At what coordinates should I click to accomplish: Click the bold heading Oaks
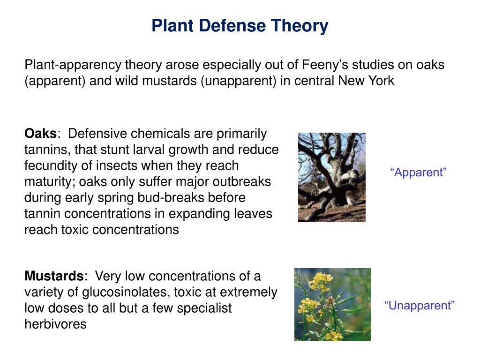click(40, 134)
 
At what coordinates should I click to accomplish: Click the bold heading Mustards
click(53, 276)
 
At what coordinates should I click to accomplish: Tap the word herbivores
click(55, 324)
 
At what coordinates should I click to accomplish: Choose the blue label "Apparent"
click(419, 172)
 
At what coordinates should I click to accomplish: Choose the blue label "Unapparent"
click(420, 306)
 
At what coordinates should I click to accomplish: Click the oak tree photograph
click(332, 177)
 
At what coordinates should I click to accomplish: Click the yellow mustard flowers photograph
click(332, 304)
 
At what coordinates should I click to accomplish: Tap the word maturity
click(50, 181)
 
